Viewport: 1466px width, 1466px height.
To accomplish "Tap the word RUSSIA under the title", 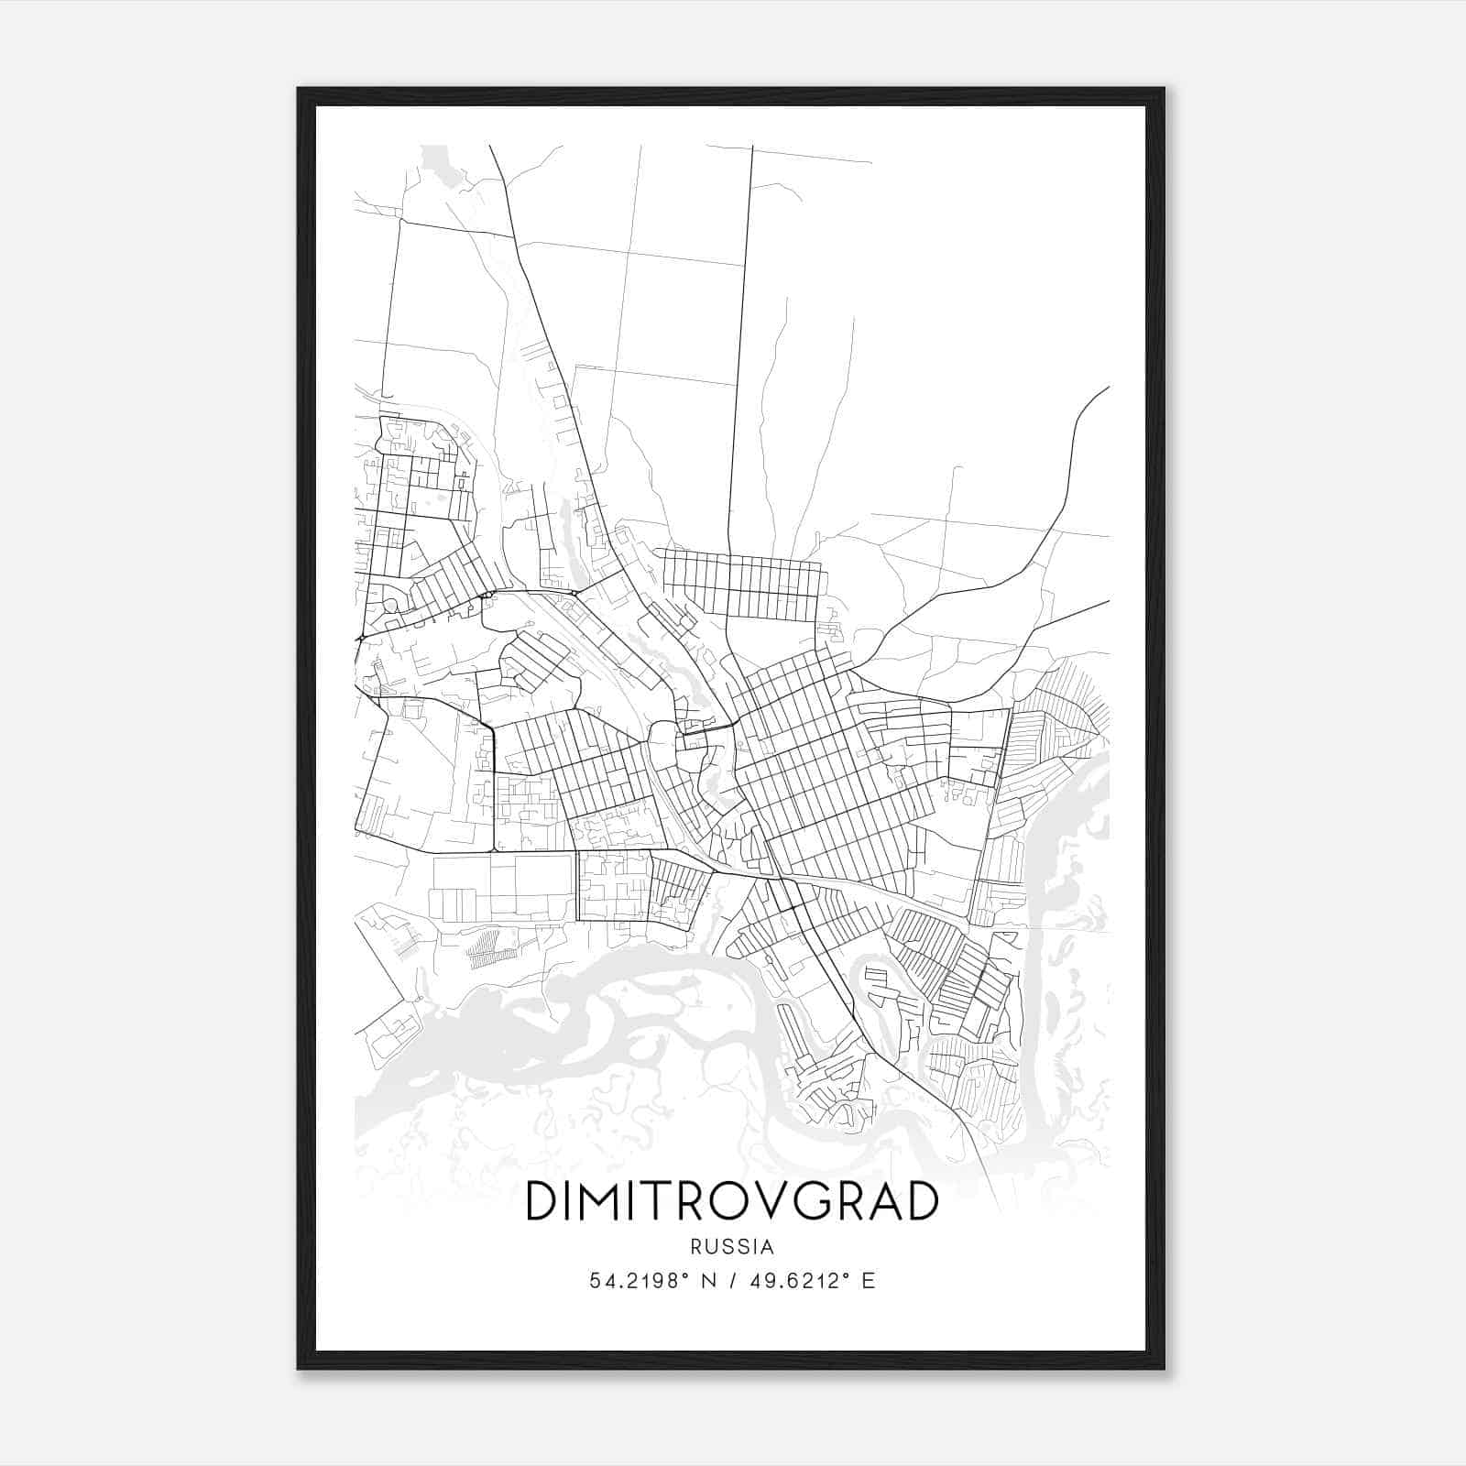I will (732, 1247).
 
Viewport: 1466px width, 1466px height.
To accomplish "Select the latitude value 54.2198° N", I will (650, 1280).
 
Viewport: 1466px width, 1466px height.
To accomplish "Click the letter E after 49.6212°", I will (869, 1280).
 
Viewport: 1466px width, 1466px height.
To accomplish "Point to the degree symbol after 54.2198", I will (686, 1275).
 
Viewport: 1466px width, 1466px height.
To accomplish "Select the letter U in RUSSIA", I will (712, 1247).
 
